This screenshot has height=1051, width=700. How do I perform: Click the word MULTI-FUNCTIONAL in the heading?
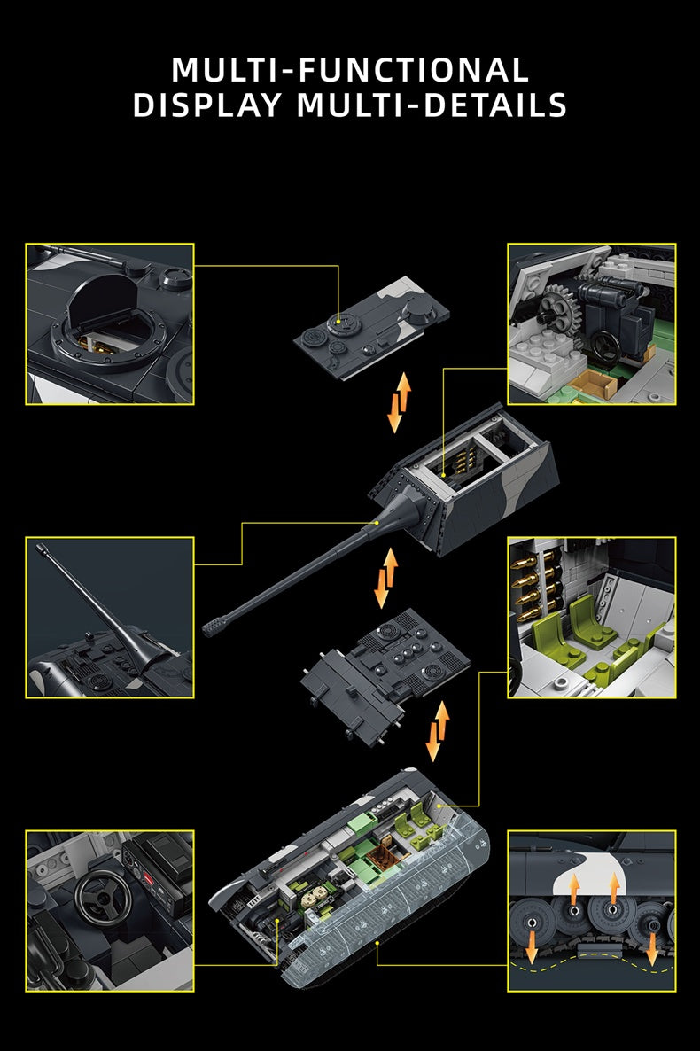(350, 69)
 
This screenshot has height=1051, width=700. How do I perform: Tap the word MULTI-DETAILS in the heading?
(432, 105)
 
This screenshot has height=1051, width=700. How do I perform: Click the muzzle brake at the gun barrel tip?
(215, 626)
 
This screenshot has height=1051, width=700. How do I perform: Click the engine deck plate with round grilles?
(385, 666)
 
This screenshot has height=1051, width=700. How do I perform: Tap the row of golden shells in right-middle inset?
(525, 590)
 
